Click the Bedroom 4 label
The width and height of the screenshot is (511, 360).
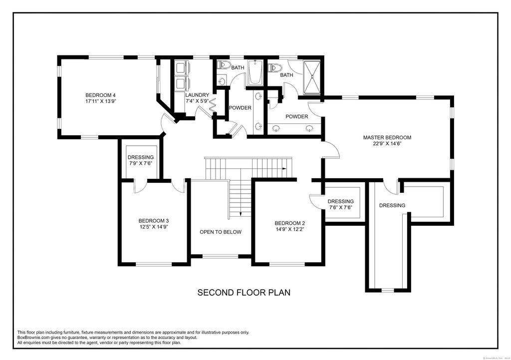100,95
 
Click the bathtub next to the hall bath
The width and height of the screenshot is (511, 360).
255,73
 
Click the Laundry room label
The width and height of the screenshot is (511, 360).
197,95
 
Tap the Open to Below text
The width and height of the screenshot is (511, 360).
220,232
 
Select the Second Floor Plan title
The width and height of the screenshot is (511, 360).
244,292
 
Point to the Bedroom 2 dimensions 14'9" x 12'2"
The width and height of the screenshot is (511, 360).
289,230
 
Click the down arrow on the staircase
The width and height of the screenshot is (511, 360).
241,213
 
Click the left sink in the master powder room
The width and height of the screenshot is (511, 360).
277,128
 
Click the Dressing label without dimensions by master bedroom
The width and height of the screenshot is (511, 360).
392,205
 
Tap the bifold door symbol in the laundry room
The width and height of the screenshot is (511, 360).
212,106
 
